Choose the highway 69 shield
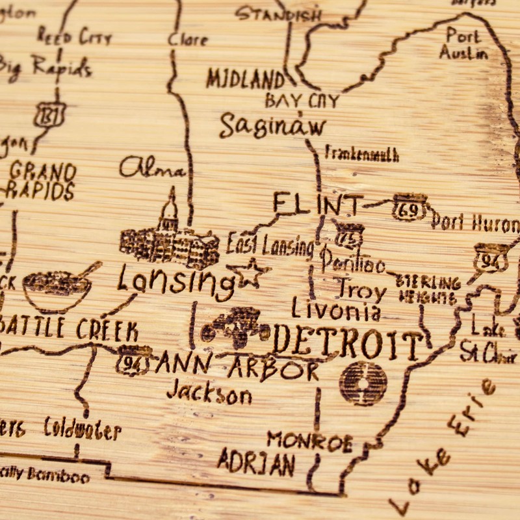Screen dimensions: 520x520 pos(410,207)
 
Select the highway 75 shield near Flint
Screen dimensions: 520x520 pos(348,235)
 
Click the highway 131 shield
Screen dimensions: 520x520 pos(50,114)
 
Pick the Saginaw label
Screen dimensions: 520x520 pos(272,125)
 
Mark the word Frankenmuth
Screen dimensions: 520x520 pos(361,155)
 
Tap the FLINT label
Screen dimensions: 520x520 pos(317,205)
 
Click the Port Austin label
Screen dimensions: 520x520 pos(463,44)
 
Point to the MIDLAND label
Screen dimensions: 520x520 pos(246,79)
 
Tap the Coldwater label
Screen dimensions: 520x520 pos(83,429)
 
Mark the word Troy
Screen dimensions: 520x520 pos(359,288)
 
